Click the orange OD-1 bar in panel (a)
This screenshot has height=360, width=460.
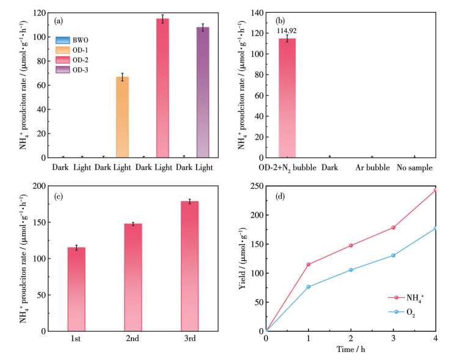click(x=122, y=117)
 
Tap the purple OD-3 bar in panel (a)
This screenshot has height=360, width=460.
click(x=203, y=92)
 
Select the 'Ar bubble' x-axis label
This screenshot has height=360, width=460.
click(x=371, y=166)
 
